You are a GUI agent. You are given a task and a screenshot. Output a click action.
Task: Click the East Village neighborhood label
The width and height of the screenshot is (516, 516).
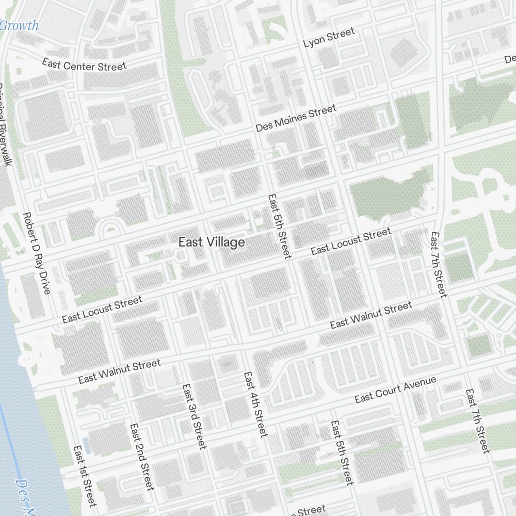pyautogui.click(x=211, y=242)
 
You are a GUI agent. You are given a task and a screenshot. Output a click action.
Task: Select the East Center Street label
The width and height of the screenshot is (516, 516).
pyautogui.click(x=84, y=65)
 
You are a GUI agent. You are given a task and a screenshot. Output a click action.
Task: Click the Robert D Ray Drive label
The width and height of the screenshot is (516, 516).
pyautogui.click(x=37, y=253)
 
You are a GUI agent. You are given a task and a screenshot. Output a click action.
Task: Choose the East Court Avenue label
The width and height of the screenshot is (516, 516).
pyautogui.click(x=395, y=390)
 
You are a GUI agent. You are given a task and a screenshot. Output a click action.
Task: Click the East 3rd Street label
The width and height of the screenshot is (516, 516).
pyautogui.click(x=193, y=416)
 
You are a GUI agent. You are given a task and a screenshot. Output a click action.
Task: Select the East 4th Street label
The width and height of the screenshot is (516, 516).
pyautogui.click(x=255, y=404)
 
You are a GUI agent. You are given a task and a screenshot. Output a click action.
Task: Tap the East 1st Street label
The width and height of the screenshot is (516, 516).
pyautogui.click(x=85, y=476)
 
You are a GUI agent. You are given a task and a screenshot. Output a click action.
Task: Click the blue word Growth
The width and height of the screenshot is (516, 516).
pyautogui.click(x=19, y=25)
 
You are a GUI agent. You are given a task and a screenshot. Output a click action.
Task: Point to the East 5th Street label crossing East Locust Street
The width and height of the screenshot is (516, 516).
pyautogui.click(x=280, y=226)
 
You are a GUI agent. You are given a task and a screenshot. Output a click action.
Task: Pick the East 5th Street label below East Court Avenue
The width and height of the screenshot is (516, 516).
pyautogui.click(x=341, y=453)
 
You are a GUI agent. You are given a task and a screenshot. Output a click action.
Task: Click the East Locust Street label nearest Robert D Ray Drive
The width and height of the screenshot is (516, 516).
pyautogui.click(x=102, y=310)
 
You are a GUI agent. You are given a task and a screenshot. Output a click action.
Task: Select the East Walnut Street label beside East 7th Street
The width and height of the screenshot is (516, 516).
pyautogui.click(x=371, y=315)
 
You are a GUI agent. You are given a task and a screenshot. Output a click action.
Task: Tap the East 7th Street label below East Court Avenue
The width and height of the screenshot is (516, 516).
pyautogui.click(x=477, y=421)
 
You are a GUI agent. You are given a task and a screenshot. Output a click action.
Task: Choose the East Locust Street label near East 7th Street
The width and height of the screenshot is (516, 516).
pyautogui.click(x=351, y=241)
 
